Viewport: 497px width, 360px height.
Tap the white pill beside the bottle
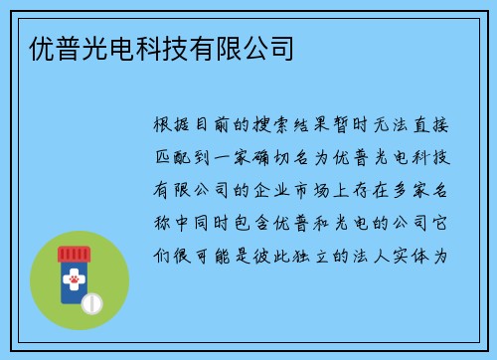point(93,299)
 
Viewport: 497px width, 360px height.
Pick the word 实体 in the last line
point(427,256)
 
